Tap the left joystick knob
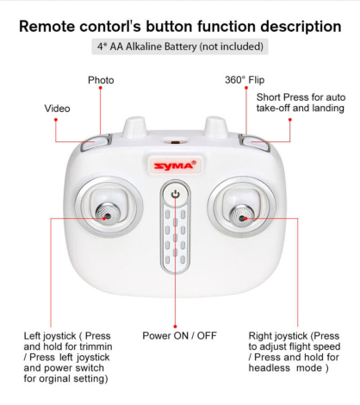pyautogui.click(x=104, y=211)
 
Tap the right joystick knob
pyautogui.click(x=243, y=211)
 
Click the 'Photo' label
pyautogui.click(x=101, y=80)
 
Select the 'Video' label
pyautogui.click(x=58, y=109)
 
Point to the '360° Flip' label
pyautogui.click(x=245, y=80)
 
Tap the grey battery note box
pyautogui.click(x=179, y=47)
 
